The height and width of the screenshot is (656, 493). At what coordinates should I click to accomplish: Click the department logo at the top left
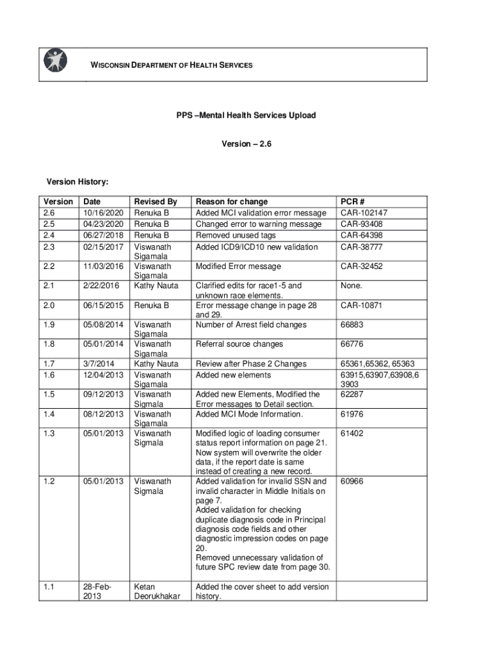click(54, 60)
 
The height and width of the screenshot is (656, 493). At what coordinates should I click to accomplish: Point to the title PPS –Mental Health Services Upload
click(247, 116)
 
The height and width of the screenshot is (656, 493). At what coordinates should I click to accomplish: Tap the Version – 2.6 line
click(247, 144)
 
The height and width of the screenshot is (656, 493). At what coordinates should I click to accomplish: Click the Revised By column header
click(155, 202)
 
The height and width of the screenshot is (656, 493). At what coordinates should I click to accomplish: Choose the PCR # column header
click(353, 202)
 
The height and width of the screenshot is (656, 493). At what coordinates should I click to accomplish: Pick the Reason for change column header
click(232, 202)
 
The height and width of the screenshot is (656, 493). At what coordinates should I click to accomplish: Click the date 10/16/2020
click(103, 213)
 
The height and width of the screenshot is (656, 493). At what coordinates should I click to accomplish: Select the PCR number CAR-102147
click(364, 213)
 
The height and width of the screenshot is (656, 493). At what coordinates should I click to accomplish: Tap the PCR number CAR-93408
click(362, 224)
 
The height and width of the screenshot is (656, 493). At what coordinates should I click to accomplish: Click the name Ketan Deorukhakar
click(157, 592)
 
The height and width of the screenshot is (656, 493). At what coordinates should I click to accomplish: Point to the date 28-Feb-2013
click(97, 592)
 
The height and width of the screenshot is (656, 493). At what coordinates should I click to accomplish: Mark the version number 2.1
click(49, 286)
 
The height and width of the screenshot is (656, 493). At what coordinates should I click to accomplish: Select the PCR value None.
click(352, 286)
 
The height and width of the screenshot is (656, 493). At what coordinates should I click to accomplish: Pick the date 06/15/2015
click(103, 306)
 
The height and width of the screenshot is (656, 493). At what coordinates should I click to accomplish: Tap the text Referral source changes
click(239, 344)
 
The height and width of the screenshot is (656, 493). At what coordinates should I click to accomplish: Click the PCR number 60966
click(352, 481)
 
